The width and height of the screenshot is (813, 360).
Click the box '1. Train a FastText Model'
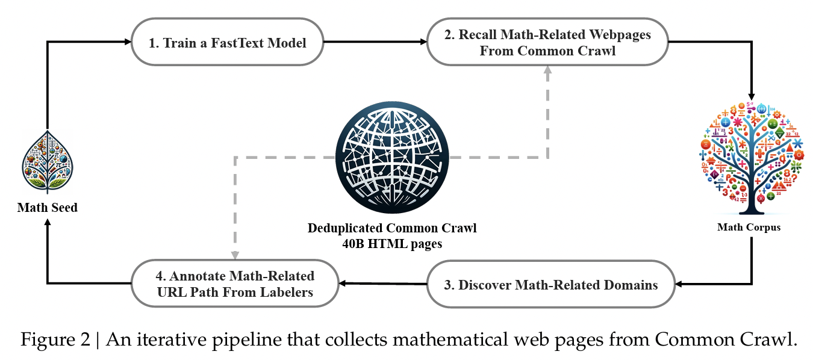228,43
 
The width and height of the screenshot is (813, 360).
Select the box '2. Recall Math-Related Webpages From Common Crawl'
547,43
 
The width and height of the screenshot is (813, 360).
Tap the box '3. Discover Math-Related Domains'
550,284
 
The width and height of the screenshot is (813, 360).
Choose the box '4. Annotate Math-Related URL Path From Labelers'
234,284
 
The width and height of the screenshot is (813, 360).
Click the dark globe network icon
391,157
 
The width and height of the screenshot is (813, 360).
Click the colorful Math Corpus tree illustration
750,158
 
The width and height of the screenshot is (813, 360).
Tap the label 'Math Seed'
47,208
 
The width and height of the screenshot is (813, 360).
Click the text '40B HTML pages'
392,243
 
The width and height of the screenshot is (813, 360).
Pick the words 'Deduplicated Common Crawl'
392,229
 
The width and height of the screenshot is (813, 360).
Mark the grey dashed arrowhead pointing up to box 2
547,70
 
